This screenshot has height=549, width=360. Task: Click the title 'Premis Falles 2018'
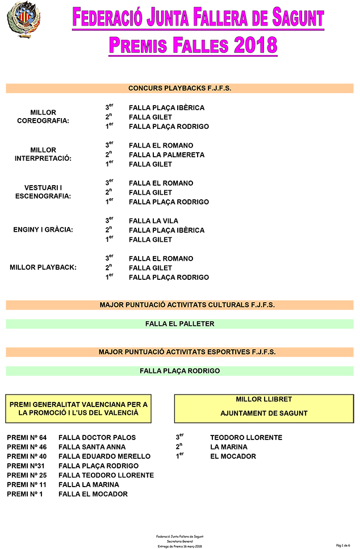[193, 45]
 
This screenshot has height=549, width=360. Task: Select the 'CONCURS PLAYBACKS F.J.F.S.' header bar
[179, 88]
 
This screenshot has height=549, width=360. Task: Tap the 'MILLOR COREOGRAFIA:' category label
[43, 116]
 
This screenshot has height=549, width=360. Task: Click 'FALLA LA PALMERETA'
[166, 154]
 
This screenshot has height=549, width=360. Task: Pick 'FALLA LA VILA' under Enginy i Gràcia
[153, 221]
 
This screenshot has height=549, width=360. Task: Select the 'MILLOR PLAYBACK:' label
[43, 267]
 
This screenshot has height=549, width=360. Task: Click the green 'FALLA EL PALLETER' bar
[179, 324]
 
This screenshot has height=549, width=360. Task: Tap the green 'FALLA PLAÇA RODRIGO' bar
[179, 371]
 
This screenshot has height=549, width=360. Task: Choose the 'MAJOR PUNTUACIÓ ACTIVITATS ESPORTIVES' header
[179, 352]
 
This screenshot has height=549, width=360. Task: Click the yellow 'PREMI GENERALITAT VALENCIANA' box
[78, 409]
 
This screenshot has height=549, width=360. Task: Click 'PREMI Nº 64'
[27, 438]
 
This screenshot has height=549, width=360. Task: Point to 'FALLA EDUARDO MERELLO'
[104, 456]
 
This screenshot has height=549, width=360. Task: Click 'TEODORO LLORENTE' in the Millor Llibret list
[246, 438]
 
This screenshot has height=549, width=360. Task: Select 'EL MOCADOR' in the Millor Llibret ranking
[233, 456]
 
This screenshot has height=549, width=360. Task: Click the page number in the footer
[343, 545]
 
